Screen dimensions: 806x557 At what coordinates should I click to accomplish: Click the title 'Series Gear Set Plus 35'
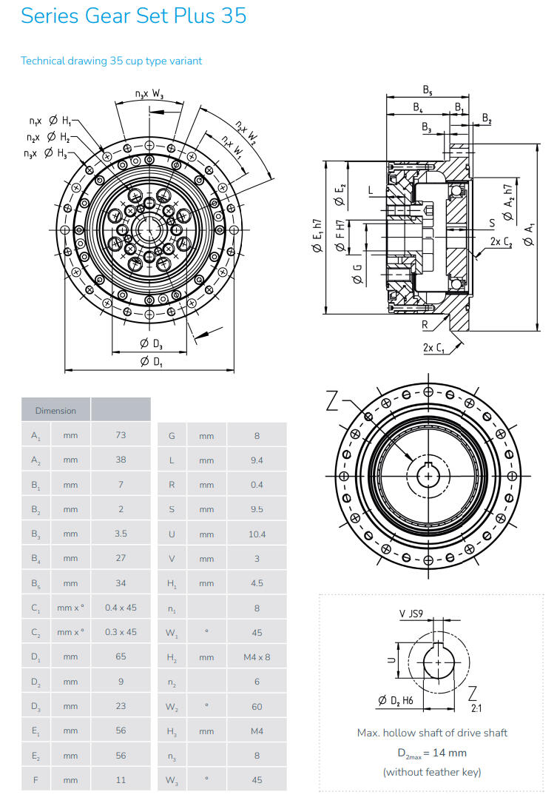pos(133,16)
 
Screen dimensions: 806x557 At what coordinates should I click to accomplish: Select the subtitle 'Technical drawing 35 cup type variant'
pos(111,61)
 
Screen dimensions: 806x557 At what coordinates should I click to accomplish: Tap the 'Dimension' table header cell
pos(55,410)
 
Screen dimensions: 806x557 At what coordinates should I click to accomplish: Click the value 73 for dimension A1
pos(121,435)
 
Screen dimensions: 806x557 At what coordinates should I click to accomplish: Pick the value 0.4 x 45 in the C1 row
pos(121,608)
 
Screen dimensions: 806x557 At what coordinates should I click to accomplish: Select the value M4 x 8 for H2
pos(257,656)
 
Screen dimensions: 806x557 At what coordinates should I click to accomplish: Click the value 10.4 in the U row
pos(257,534)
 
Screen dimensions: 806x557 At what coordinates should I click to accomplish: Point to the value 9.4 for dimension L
pos(257,460)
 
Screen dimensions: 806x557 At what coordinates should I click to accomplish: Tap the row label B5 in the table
pos(36,583)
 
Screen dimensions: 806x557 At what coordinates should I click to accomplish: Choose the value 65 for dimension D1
pos(121,656)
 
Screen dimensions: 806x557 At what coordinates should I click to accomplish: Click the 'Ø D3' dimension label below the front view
pos(150,343)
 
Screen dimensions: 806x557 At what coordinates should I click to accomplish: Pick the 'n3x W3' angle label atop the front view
pos(149,94)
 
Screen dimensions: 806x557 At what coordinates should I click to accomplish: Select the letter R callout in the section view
pos(425,324)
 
